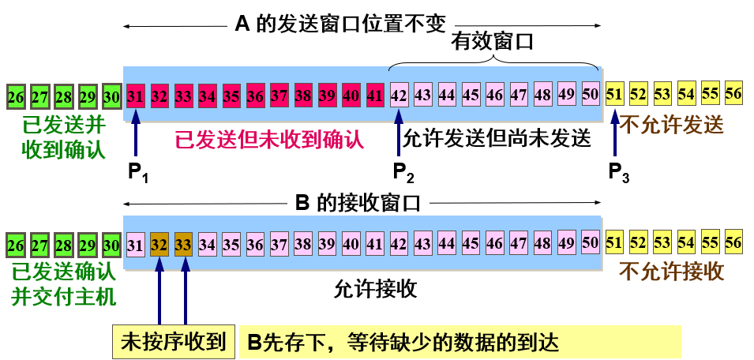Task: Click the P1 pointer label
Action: coord(138,171)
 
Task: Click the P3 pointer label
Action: coord(618,171)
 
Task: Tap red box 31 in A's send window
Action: coord(136,96)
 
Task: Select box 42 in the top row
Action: coord(400,96)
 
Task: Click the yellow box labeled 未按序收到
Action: coord(173,342)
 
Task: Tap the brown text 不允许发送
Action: coord(672,124)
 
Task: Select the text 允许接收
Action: coord(375,289)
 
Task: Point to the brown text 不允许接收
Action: coord(672,272)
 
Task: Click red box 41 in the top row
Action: coord(376,96)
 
